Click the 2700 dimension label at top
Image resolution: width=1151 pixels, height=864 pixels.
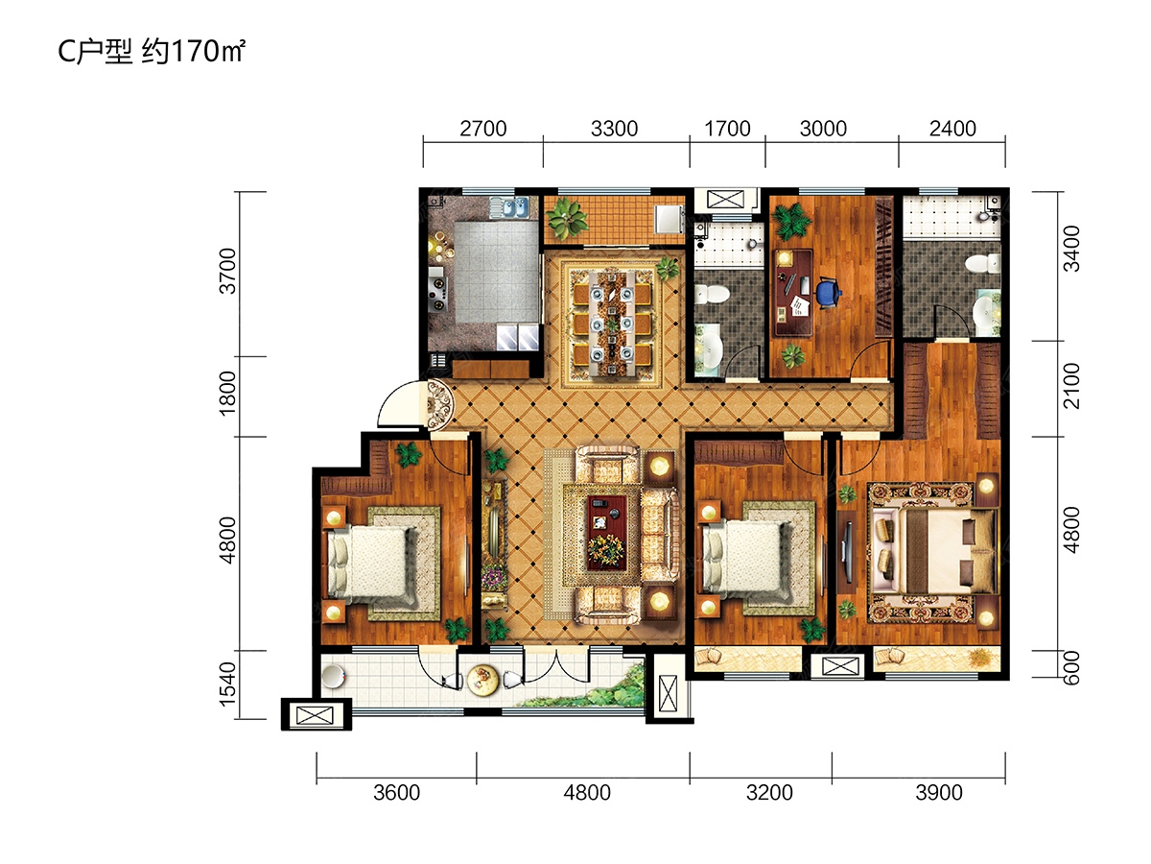[483, 129]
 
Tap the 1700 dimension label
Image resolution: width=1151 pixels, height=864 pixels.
[727, 129]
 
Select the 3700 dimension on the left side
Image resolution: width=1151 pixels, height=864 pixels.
[228, 272]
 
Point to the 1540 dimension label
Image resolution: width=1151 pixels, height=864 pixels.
[228, 684]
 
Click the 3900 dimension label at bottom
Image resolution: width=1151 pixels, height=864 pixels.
[939, 793]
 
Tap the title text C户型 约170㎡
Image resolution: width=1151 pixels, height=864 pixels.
[152, 52]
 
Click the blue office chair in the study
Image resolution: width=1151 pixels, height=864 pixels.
[828, 292]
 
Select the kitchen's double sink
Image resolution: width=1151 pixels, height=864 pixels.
[508, 207]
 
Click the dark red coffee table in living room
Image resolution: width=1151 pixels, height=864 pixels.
[607, 532]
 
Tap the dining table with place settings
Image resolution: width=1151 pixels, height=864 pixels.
[612, 323]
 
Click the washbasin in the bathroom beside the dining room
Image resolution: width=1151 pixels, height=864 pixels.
[709, 348]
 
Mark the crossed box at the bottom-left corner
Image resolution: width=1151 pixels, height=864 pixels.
[315, 715]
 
